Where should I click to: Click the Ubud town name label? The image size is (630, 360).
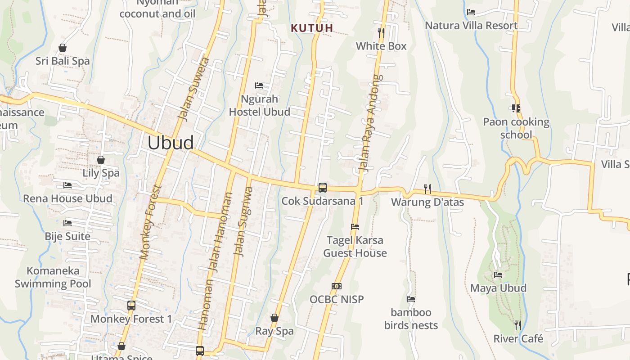(x=171, y=143)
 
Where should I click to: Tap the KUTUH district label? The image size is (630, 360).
(x=312, y=28)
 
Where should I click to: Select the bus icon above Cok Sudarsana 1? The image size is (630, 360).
(x=322, y=188)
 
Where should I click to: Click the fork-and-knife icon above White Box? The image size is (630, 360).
(x=381, y=32)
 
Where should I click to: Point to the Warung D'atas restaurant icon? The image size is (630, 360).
(x=427, y=189)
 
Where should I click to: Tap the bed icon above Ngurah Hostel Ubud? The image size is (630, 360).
(x=259, y=85)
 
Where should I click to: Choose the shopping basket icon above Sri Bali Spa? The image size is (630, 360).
(x=63, y=48)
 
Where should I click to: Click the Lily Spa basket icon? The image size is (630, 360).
(x=101, y=160)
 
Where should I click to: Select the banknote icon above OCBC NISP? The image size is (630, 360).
(x=336, y=286)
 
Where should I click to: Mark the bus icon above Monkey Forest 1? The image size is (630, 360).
(x=131, y=306)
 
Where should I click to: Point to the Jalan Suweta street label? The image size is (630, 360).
(x=194, y=89)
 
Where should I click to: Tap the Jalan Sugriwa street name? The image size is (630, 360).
(x=243, y=221)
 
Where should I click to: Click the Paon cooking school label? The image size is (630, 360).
(x=516, y=128)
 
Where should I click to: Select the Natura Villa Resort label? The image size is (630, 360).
(x=471, y=26)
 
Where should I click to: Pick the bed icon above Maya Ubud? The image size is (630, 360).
(x=498, y=275)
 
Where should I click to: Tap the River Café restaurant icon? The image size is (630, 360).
(x=518, y=325)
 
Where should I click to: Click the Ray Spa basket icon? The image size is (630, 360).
(x=274, y=318)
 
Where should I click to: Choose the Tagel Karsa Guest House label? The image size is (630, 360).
(x=355, y=247)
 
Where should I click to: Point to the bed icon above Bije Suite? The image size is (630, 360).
(x=67, y=223)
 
